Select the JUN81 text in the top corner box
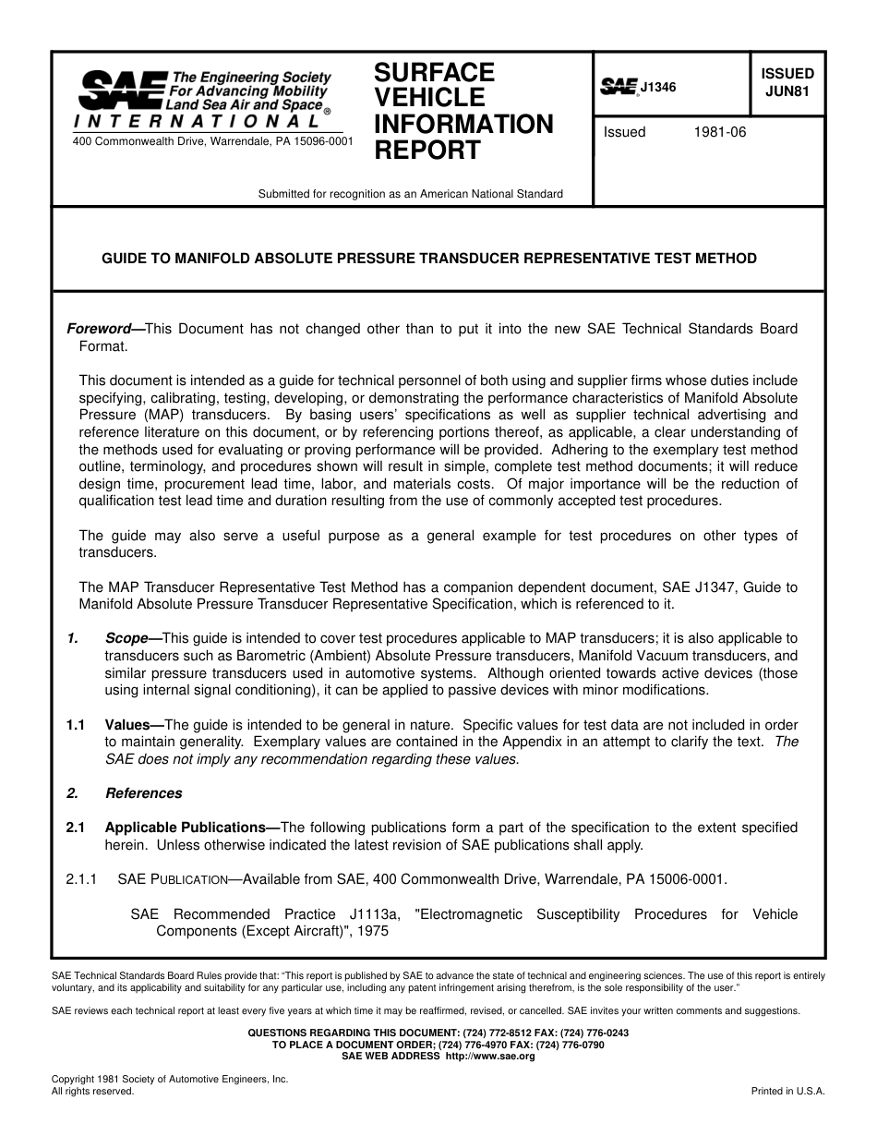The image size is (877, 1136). [787, 91]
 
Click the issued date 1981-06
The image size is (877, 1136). [719, 132]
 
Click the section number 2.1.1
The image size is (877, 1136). [81, 879]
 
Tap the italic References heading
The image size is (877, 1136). [144, 793]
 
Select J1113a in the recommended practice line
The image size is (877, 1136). [375, 914]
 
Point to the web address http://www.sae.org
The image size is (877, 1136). [489, 1056]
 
